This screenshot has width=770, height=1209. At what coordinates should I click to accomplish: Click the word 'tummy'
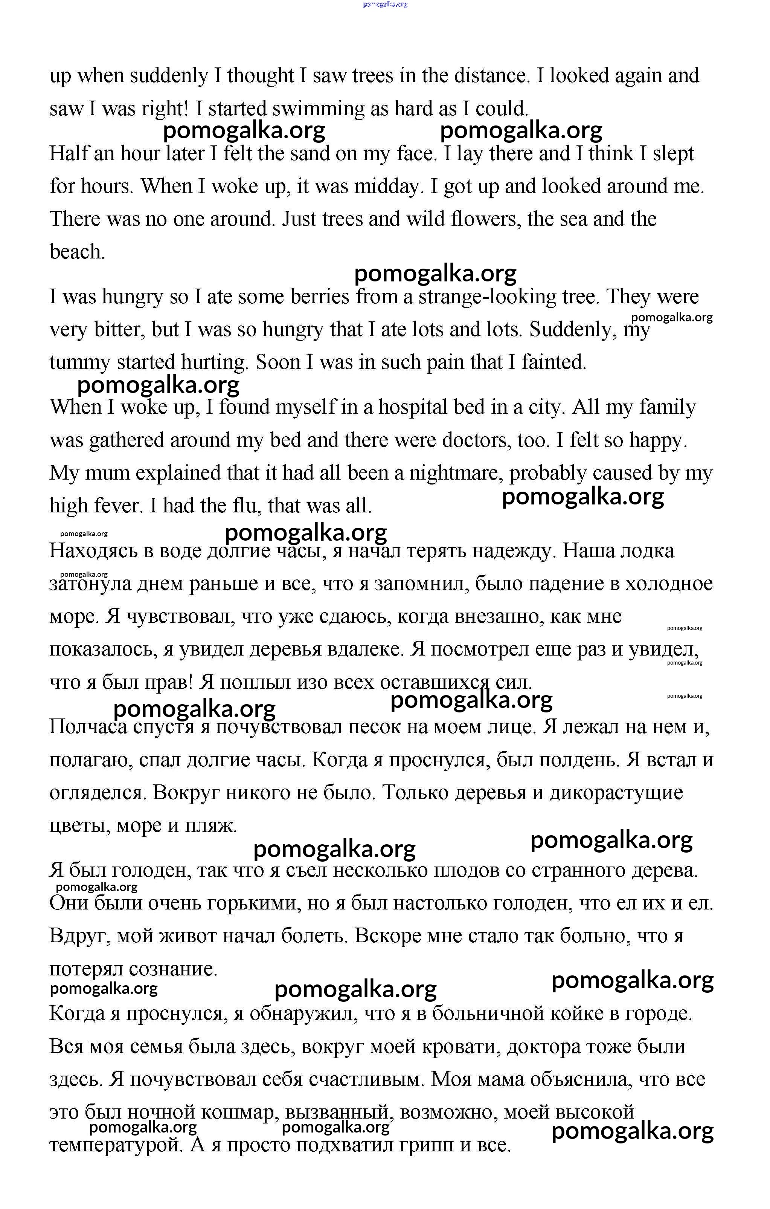[x=80, y=362]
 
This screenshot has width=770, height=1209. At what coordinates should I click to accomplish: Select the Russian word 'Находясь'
[x=92, y=551]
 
